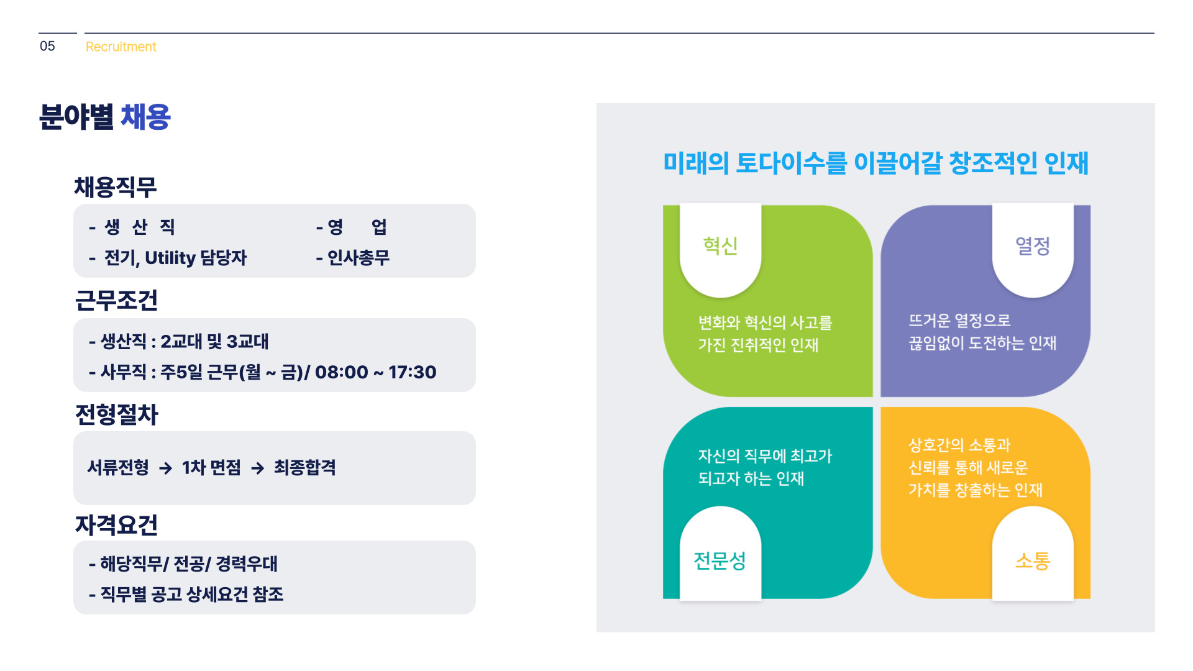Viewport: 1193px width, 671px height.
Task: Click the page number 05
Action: click(47, 47)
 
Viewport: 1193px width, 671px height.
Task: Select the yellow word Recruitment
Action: click(121, 47)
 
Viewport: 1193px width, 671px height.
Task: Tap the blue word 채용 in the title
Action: click(145, 117)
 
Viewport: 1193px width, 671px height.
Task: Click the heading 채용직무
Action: click(116, 188)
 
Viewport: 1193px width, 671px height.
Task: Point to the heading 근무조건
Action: click(116, 301)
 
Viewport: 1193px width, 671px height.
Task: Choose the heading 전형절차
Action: click(117, 414)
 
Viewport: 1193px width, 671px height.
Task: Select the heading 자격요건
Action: click(116, 525)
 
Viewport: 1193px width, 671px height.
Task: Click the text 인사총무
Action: click(359, 257)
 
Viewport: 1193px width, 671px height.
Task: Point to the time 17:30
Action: click(413, 372)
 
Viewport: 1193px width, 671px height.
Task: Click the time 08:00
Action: click(342, 372)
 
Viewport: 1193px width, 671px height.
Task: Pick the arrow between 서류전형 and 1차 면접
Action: click(165, 468)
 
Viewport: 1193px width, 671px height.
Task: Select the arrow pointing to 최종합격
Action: click(258, 468)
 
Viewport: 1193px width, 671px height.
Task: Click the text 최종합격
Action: click(305, 467)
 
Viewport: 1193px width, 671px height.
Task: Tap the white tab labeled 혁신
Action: click(721, 249)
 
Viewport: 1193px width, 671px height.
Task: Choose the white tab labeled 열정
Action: click(1033, 249)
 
